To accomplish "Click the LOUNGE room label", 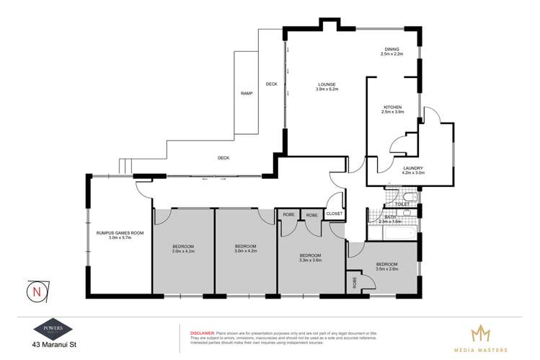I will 327,87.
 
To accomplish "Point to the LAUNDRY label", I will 412,168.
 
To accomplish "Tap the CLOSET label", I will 334,214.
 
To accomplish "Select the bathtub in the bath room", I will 393,232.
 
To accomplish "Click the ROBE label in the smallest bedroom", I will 355,281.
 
